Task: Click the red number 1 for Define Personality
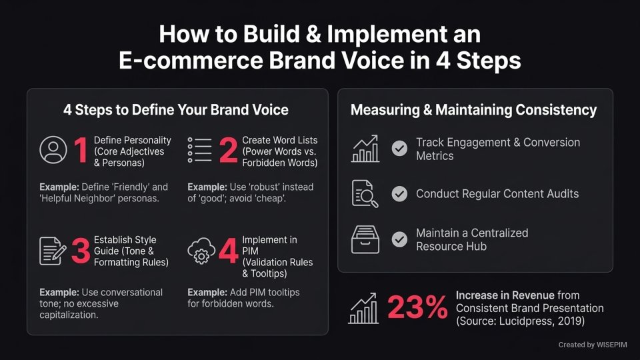click(x=81, y=150)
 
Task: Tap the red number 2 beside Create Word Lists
click(x=228, y=150)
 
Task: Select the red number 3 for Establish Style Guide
click(x=81, y=252)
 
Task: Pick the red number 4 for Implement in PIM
click(x=228, y=252)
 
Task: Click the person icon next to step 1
click(x=53, y=150)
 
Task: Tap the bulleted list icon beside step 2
click(x=200, y=150)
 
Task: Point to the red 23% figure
click(x=417, y=308)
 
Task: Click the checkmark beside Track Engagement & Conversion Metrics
click(x=399, y=149)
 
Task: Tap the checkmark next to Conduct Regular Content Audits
click(x=399, y=194)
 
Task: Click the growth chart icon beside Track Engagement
click(x=365, y=149)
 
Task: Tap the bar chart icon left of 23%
click(x=363, y=308)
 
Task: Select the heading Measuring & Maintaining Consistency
click(x=474, y=110)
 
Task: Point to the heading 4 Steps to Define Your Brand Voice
click(x=177, y=110)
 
